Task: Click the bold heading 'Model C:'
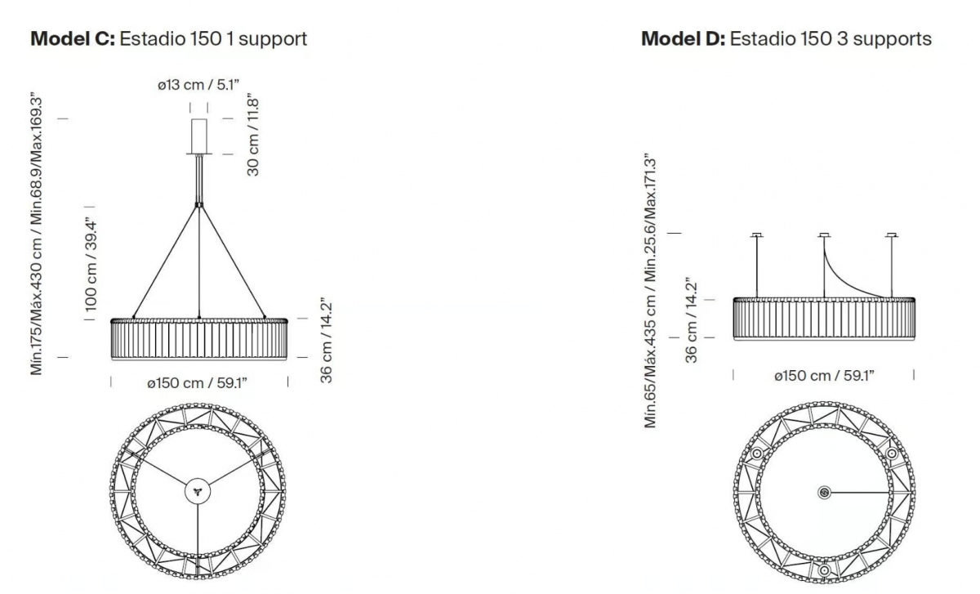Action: (73, 39)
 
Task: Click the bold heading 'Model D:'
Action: (684, 39)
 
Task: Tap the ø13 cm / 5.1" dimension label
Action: (198, 84)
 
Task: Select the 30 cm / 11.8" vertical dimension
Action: (253, 134)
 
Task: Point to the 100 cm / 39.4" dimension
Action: (91, 265)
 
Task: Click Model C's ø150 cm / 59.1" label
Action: (198, 383)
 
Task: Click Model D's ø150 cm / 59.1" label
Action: (824, 376)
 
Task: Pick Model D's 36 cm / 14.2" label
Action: (691, 320)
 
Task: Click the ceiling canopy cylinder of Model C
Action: (199, 136)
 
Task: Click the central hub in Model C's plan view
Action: (198, 491)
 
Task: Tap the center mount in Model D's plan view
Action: (824, 493)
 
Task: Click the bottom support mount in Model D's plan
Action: (824, 570)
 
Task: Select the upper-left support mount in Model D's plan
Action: (756, 453)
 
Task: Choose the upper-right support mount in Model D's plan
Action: (892, 453)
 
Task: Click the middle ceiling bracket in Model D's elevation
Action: (824, 235)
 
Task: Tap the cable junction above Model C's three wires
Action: (199, 204)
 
